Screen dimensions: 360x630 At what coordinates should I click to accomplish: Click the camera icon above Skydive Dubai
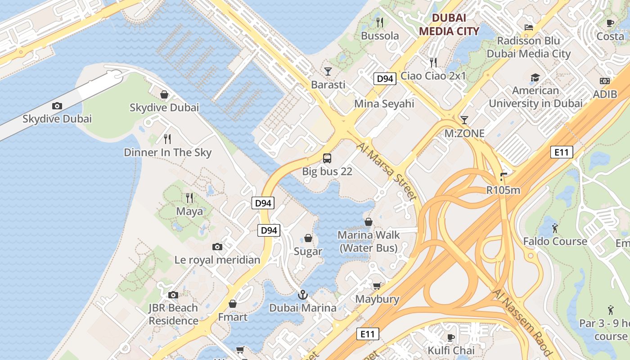click(x=57, y=106)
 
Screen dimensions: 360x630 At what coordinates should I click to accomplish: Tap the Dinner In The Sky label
click(x=167, y=153)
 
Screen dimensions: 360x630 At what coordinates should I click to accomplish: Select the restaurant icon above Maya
click(x=189, y=198)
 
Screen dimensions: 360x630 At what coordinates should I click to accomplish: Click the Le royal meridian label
click(x=217, y=260)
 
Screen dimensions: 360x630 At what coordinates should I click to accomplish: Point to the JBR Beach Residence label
click(x=173, y=314)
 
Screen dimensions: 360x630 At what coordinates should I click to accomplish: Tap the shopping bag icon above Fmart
click(x=233, y=304)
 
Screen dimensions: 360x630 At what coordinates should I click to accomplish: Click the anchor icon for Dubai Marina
click(x=303, y=295)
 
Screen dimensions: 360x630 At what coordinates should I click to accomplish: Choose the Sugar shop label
click(x=308, y=251)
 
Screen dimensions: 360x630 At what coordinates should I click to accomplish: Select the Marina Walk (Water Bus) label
click(x=369, y=241)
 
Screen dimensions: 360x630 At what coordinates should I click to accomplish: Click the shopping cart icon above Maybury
click(x=377, y=286)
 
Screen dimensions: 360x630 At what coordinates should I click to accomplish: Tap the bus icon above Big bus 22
click(x=327, y=158)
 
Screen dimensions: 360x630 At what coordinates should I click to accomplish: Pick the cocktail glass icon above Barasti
click(x=328, y=72)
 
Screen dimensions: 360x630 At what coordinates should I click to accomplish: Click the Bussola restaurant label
click(x=380, y=36)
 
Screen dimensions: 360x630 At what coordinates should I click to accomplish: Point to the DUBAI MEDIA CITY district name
click(x=449, y=24)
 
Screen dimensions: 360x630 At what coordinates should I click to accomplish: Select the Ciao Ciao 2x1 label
click(x=433, y=76)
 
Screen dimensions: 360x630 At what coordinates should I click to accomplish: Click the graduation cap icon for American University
click(x=535, y=78)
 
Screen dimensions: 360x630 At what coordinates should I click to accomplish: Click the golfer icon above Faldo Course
click(x=555, y=228)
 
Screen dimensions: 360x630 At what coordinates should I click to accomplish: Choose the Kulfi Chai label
click(x=451, y=350)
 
